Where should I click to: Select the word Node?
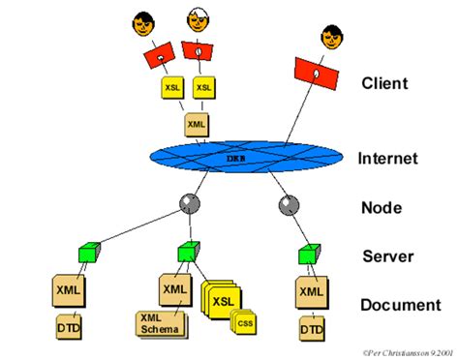pyautogui.click(x=381, y=207)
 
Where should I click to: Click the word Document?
pyautogui.click(x=401, y=305)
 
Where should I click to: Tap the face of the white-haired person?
pyautogui.click(x=199, y=21)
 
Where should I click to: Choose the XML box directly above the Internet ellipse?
pyautogui.click(x=197, y=124)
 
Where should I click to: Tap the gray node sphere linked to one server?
pyautogui.click(x=287, y=205)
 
